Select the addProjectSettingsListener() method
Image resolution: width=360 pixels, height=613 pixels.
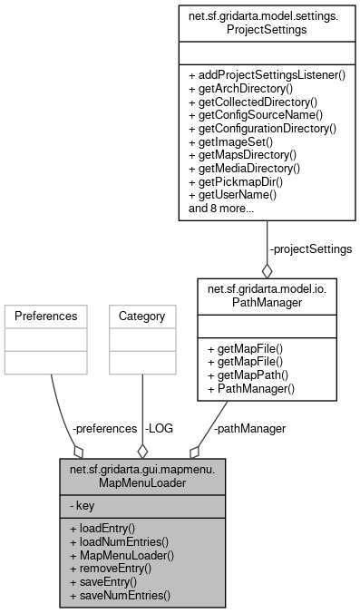pyautogui.click(x=267, y=74)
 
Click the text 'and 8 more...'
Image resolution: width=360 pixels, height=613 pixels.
pyautogui.click(x=221, y=209)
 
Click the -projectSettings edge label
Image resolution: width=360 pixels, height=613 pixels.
pyautogui.click(x=310, y=248)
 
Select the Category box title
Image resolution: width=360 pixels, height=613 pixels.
pyautogui.click(x=141, y=317)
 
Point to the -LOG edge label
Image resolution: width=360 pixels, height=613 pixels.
pyautogui.click(x=160, y=428)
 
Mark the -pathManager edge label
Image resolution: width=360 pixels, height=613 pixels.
pyautogui.click(x=249, y=428)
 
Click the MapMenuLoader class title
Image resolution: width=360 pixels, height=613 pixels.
pyautogui.click(x=141, y=474)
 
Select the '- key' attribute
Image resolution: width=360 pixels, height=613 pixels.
pyautogui.click(x=82, y=505)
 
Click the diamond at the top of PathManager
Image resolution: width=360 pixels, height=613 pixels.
pyautogui.click(x=267, y=271)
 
